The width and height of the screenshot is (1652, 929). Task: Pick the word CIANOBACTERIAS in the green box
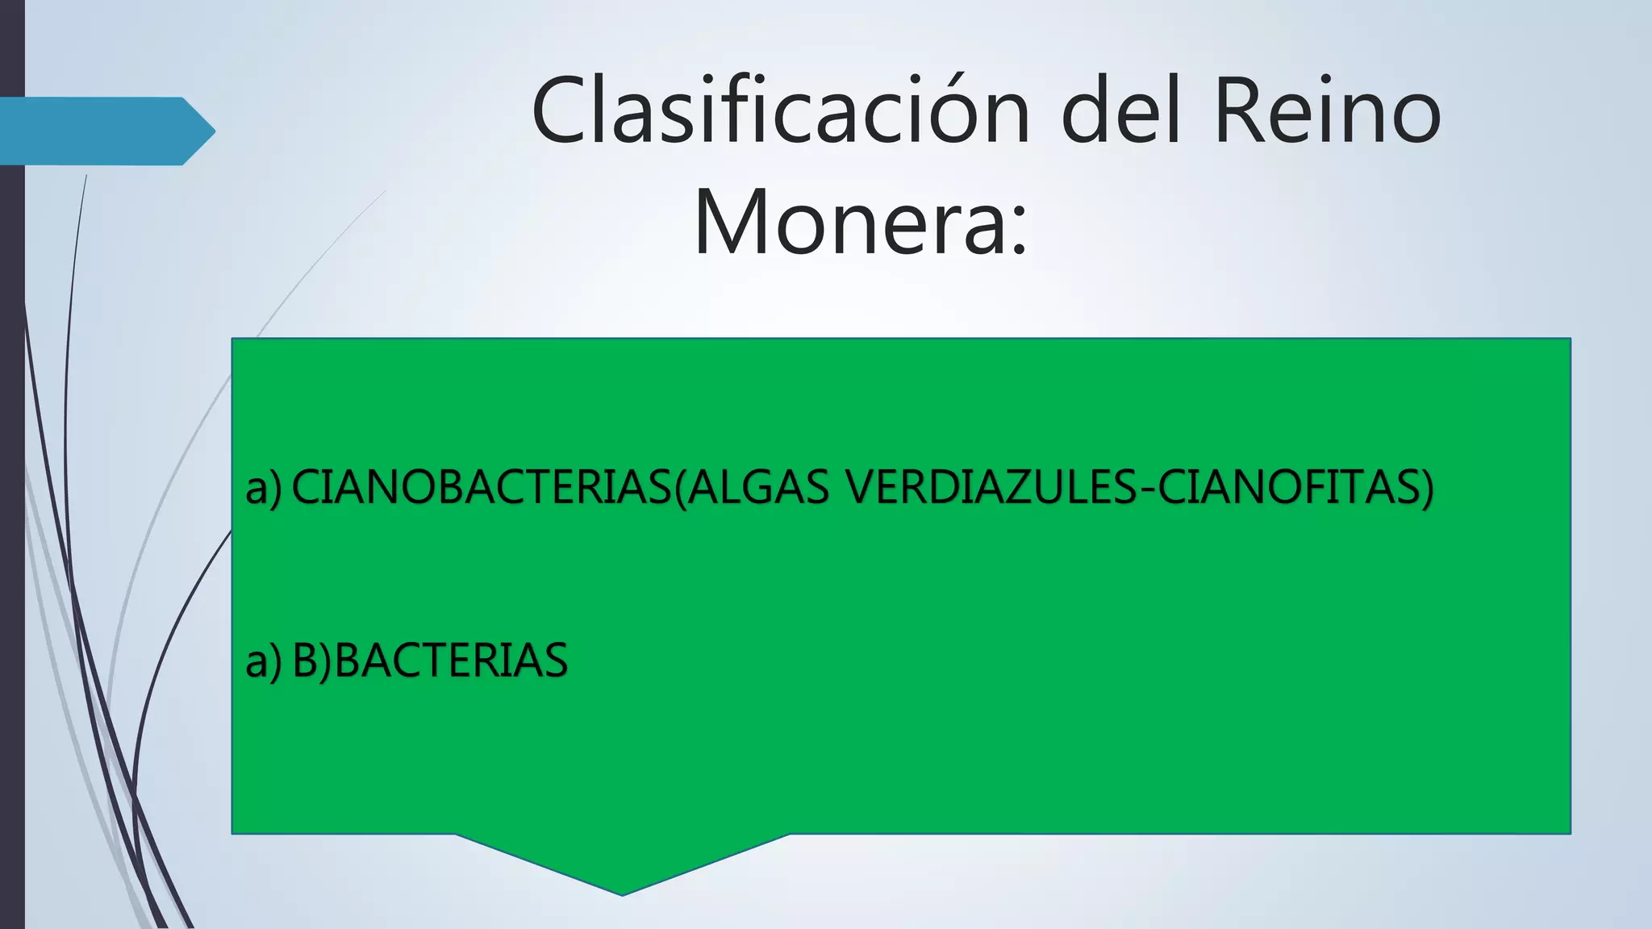tap(481, 487)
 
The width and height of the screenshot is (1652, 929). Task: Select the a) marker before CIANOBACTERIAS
tap(264, 489)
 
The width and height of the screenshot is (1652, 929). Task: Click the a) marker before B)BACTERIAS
tap(264, 661)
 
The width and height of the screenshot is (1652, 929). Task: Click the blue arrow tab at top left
tap(105, 131)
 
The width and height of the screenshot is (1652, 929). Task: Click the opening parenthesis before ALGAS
tap(678, 489)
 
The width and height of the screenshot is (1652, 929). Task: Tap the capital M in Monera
tap(729, 222)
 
